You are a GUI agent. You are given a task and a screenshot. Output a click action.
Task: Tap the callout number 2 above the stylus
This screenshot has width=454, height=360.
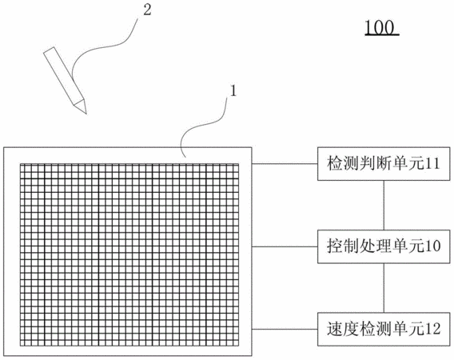click(147, 10)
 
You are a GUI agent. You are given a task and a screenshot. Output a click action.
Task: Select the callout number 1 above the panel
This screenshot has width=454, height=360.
click(233, 91)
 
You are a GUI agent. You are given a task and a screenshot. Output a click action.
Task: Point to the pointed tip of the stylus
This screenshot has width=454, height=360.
click(86, 114)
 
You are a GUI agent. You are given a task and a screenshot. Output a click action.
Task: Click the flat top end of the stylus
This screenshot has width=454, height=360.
click(49, 50)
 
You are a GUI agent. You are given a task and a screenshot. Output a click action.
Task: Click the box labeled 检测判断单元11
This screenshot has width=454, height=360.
click(384, 164)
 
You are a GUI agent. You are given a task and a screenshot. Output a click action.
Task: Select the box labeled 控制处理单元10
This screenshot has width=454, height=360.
click(384, 246)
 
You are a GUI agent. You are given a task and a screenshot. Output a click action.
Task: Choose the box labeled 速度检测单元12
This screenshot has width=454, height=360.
click(384, 330)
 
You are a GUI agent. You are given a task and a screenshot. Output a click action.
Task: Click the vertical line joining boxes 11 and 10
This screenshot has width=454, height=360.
click(384, 206)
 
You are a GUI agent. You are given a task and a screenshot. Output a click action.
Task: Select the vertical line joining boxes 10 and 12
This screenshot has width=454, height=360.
click(384, 288)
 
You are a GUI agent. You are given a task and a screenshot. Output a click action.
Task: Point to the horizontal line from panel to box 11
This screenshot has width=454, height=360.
click(285, 164)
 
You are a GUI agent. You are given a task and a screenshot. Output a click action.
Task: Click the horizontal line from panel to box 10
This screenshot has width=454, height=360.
click(285, 246)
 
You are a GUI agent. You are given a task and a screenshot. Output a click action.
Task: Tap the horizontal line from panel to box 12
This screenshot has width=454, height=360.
click(285, 330)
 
